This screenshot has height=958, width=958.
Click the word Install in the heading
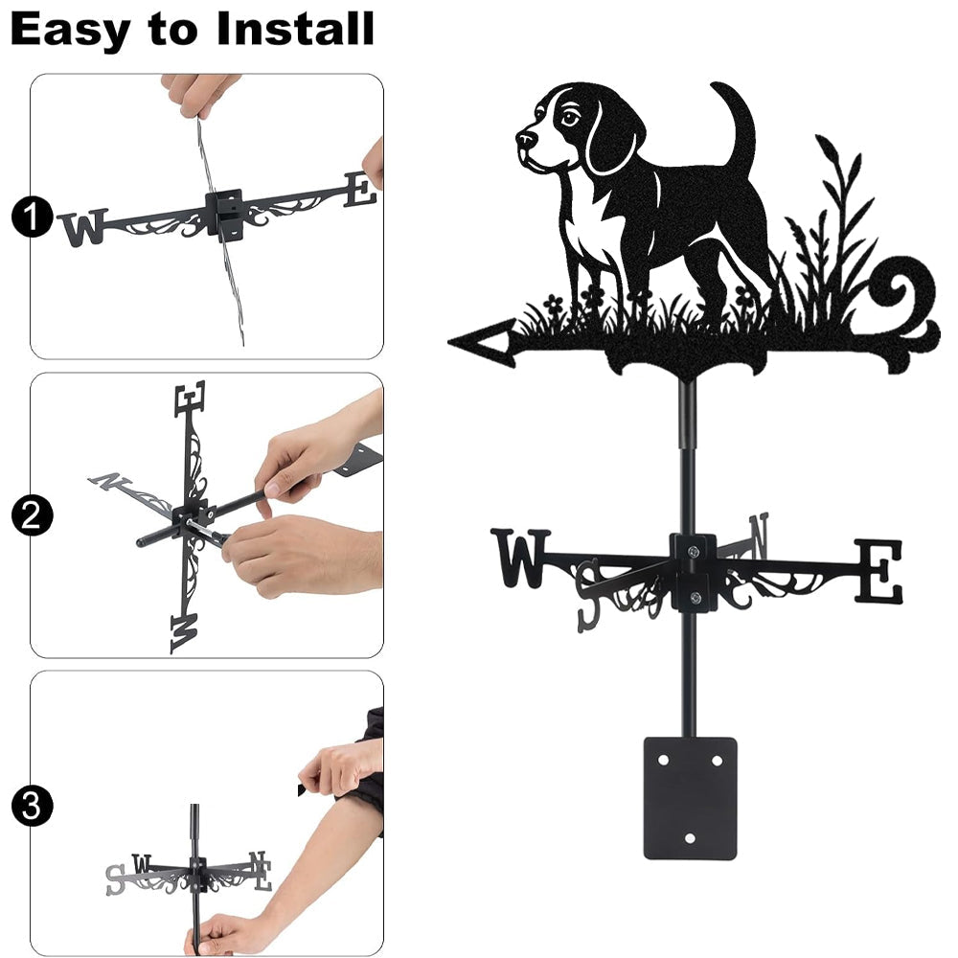click(295, 30)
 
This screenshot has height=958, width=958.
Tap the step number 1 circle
click(32, 217)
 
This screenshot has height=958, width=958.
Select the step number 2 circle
click(32, 515)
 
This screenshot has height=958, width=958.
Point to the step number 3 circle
click(32, 806)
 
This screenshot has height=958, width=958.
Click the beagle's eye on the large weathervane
click(569, 117)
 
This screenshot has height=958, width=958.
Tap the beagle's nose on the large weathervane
click(525, 138)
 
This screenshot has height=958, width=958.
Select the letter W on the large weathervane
click(520, 559)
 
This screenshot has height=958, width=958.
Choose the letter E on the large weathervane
click(878, 571)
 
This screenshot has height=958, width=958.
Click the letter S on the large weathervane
click(589, 595)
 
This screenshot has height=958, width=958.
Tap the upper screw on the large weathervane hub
click(693, 551)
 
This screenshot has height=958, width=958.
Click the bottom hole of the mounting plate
click(690, 838)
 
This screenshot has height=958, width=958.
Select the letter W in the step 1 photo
click(83, 227)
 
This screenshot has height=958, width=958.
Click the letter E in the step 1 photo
click(360, 189)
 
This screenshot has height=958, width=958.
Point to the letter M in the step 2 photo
click(185, 633)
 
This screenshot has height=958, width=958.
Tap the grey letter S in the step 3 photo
click(115, 879)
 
